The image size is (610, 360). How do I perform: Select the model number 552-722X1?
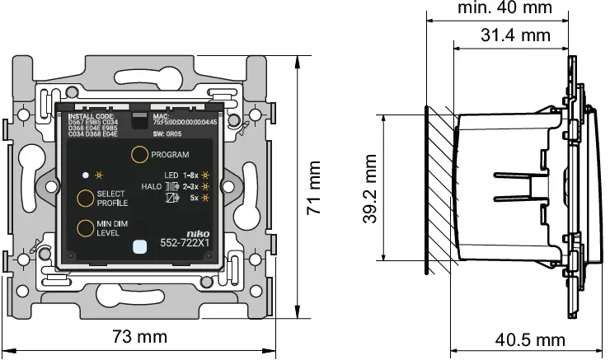click(184, 244)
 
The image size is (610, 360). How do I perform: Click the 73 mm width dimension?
click(141, 337)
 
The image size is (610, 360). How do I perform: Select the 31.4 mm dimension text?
click(515, 35)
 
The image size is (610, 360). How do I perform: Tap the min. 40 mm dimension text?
click(504, 8)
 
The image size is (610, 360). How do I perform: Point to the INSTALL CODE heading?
click(91, 117)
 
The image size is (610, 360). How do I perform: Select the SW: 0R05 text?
click(167, 133)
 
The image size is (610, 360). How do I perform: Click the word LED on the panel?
click(171, 175)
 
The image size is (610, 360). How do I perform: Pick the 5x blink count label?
click(193, 199)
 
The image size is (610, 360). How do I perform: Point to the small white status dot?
click(85, 175)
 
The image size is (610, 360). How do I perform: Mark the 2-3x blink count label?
click(191, 187)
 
